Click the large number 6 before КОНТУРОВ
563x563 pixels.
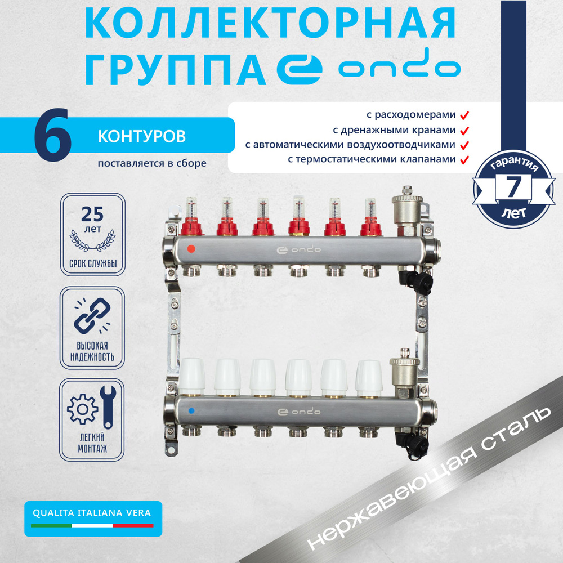tap(53, 135)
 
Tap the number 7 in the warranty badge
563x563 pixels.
tap(513, 186)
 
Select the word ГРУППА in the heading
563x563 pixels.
tap(176, 69)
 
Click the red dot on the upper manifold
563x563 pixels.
tap(191, 248)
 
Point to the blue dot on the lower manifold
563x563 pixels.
tap(191, 410)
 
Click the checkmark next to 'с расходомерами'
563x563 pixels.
tap(464, 115)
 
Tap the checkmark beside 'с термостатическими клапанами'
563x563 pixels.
tap(464, 160)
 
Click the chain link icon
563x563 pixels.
tap(92, 316)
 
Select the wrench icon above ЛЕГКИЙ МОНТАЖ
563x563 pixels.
tap(108, 407)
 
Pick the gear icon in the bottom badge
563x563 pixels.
tap(82, 409)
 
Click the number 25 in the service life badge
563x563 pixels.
tap(92, 215)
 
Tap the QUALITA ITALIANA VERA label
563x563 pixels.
tap(92, 513)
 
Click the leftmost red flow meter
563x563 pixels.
tap(191, 217)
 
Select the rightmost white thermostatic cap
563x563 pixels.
tap(369, 378)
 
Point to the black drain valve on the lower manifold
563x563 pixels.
tap(413, 444)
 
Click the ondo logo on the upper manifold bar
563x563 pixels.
tap(298, 249)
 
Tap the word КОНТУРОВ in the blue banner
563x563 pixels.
tap(142, 136)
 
